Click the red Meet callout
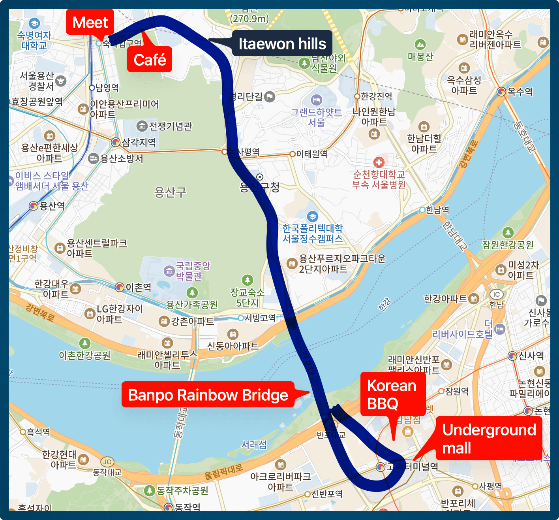(x=90, y=23)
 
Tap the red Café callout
(x=150, y=60)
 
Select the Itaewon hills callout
(x=282, y=43)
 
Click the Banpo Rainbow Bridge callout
(x=208, y=395)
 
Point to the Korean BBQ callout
(x=392, y=394)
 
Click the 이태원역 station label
(x=311, y=154)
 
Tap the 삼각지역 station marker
(x=116, y=142)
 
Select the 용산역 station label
(x=52, y=206)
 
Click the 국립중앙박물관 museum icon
(x=169, y=271)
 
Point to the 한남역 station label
(x=437, y=210)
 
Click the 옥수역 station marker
(x=501, y=92)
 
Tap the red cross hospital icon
(x=379, y=162)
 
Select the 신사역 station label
(x=531, y=356)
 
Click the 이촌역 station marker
(x=120, y=287)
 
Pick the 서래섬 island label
(x=254, y=445)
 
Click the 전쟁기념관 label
(x=170, y=126)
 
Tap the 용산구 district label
(x=170, y=192)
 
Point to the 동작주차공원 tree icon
(x=149, y=491)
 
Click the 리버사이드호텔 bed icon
(x=500, y=329)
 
